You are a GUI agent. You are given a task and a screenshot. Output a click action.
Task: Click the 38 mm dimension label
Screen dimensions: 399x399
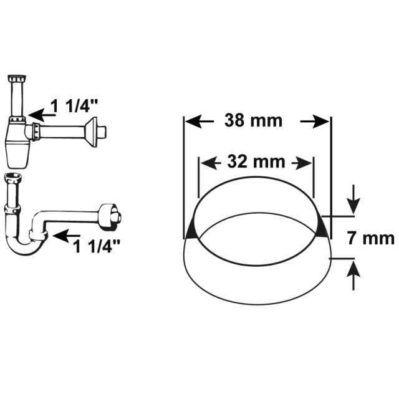253,120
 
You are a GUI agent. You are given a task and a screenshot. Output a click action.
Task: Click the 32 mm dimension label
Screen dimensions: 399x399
256,161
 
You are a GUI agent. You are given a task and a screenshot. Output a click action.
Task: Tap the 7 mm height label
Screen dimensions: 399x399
370,239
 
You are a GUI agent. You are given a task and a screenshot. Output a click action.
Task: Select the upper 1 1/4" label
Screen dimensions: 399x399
74,106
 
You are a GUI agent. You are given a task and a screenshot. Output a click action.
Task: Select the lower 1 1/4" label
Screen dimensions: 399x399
96,246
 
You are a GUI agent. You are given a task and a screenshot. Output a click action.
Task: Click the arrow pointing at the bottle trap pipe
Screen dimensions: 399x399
42,115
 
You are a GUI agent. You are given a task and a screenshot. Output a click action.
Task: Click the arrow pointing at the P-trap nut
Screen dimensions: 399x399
67,236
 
